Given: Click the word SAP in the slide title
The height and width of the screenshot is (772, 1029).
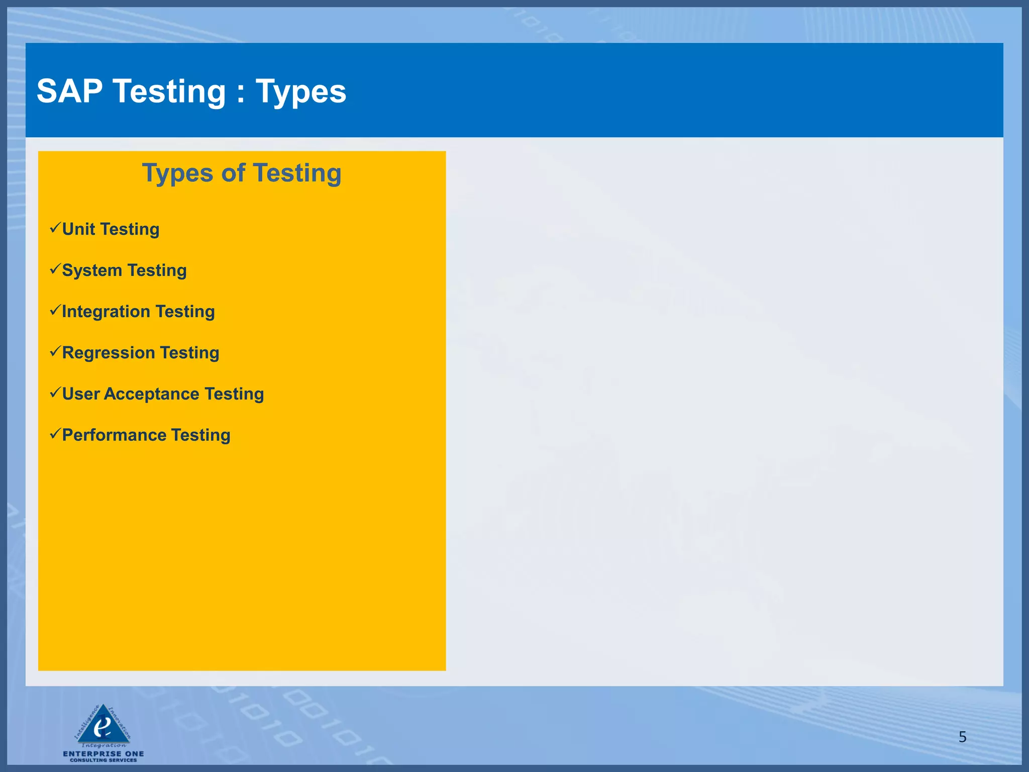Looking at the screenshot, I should pyautogui.click(x=69, y=91).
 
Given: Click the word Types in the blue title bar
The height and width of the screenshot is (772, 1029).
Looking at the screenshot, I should pyautogui.click(x=301, y=92).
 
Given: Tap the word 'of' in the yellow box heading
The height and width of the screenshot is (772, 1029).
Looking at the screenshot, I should pyautogui.click(x=233, y=173).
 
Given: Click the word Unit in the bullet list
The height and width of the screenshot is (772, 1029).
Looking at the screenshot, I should pyautogui.click(x=78, y=229).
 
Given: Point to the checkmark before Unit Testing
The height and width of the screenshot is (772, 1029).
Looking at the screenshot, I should pyautogui.click(x=55, y=228).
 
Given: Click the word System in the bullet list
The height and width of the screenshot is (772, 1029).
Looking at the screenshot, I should pyautogui.click(x=92, y=271).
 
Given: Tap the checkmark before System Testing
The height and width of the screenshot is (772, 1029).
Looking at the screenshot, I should pyautogui.click(x=55, y=269).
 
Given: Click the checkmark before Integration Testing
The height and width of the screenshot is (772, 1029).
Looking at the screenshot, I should pyautogui.click(x=55, y=311).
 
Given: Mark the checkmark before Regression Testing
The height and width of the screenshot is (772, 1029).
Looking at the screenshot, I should pyautogui.click(x=55, y=352).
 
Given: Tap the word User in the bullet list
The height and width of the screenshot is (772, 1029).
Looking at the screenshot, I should pyautogui.click(x=80, y=394).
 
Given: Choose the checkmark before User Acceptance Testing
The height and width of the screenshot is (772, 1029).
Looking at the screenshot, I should pyautogui.click(x=55, y=393).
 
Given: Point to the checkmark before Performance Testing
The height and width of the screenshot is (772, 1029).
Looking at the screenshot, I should pyautogui.click(x=55, y=434).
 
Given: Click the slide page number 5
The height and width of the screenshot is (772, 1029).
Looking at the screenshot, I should pyautogui.click(x=962, y=737).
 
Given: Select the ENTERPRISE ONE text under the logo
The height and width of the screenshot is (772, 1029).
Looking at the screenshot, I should pyautogui.click(x=104, y=753).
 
